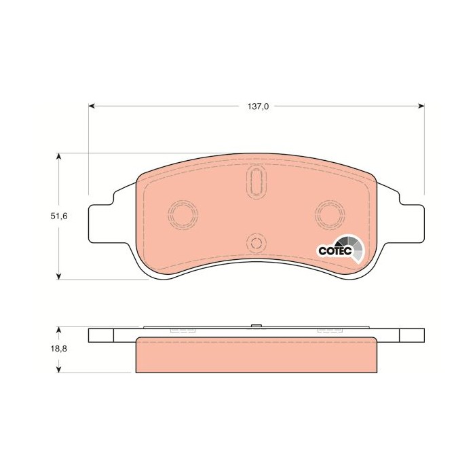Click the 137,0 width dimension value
(x=258, y=107)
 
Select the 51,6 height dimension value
(x=59, y=216)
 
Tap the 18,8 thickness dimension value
(x=59, y=349)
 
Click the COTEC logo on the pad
(x=341, y=250)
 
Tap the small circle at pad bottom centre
(x=256, y=243)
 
